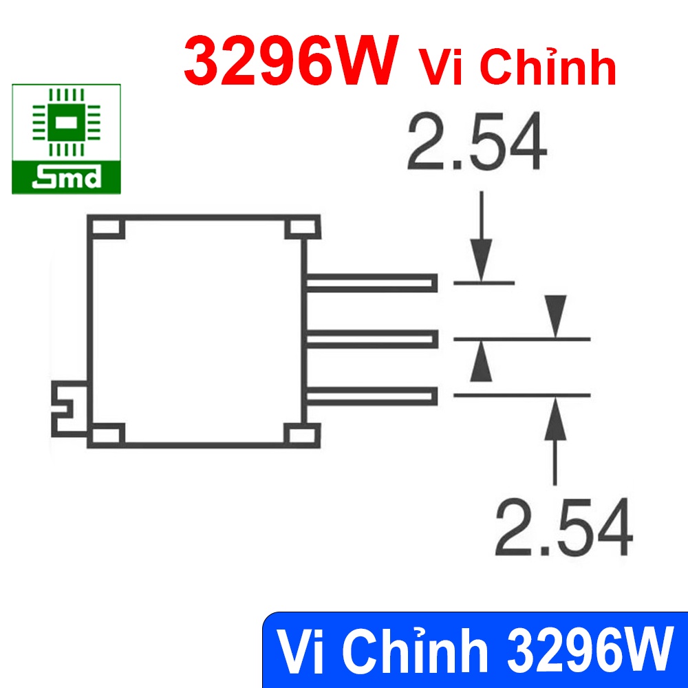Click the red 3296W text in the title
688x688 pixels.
291,61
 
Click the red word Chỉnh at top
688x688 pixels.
548,65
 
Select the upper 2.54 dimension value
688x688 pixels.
477,141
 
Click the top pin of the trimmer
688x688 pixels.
372,283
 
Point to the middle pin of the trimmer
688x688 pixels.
372,339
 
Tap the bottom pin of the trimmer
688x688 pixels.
372,396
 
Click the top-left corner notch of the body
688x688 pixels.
107,228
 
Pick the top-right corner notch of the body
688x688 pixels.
302,228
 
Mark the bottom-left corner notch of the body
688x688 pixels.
107,435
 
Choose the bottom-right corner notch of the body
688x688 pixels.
302,435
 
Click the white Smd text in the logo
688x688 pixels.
67,177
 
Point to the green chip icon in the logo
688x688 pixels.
66,122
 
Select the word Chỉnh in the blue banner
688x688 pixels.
415,650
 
